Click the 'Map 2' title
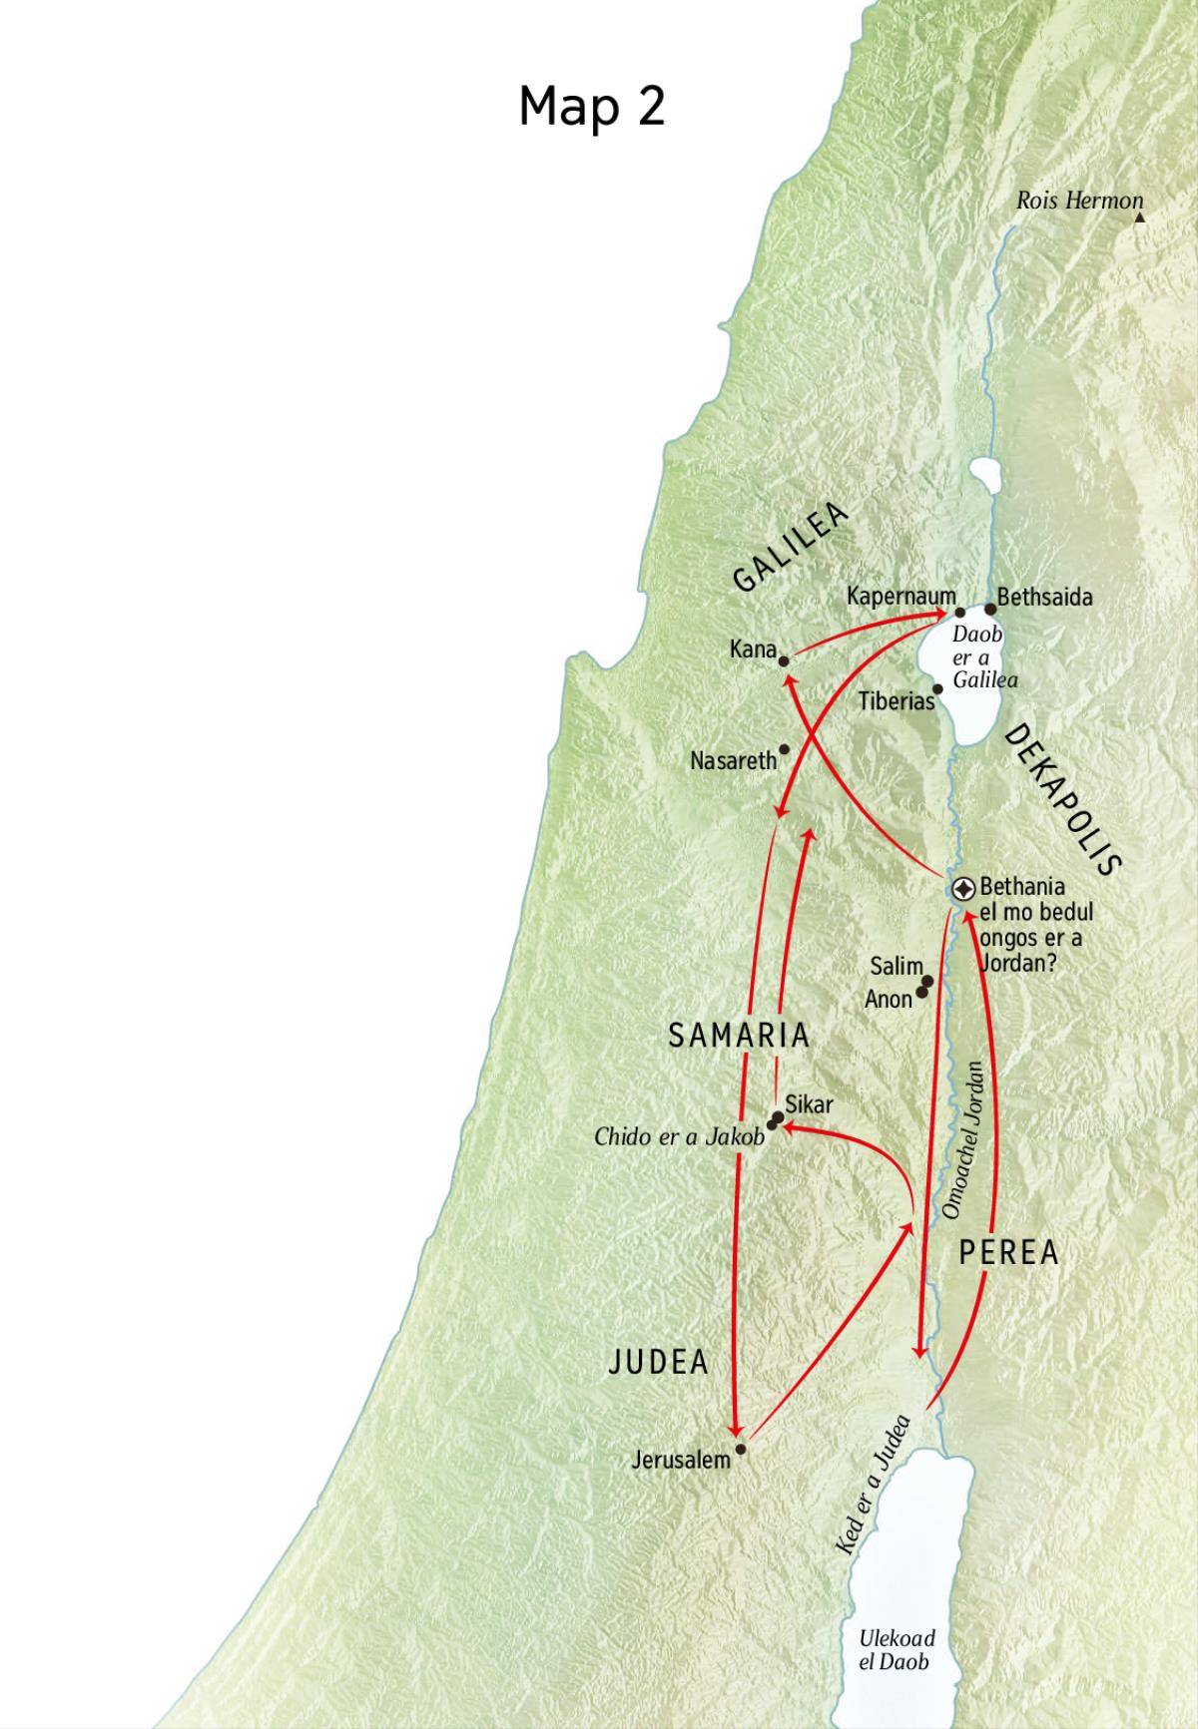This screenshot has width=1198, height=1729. (591, 106)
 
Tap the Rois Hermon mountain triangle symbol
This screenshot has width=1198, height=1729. (1139, 216)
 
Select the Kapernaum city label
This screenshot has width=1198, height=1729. (900, 597)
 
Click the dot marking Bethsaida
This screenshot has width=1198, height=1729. (991, 609)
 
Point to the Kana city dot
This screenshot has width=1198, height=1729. (785, 660)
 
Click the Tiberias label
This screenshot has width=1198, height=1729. (896, 701)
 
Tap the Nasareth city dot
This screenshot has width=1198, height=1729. (785, 748)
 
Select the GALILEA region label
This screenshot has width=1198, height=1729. (790, 547)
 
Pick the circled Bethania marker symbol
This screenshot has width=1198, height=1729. (963, 888)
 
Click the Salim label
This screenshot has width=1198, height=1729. (896, 966)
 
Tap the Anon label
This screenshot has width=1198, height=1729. (889, 999)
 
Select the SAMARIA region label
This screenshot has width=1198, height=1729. (739, 1036)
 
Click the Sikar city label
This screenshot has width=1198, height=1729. (809, 1105)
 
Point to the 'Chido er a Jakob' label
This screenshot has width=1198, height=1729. (679, 1136)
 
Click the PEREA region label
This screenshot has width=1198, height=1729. (1008, 1253)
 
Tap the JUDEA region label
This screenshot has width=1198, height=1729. (658, 1362)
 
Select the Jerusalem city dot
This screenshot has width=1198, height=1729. (741, 1449)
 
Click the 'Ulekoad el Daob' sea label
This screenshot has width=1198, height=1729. (897, 1650)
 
